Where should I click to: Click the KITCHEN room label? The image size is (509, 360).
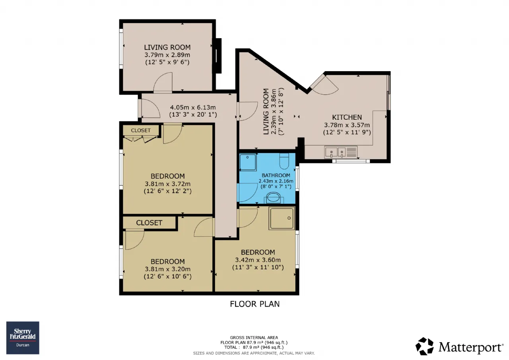point(347,117)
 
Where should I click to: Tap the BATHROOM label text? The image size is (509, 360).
point(276,175)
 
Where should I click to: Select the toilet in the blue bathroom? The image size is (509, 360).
point(284,161)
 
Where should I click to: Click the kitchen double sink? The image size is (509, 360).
point(341,152)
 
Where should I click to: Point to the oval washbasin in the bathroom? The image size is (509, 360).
point(273,197)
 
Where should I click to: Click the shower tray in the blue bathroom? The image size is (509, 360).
point(248,162)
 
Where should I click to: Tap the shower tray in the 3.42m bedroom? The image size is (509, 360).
point(282,218)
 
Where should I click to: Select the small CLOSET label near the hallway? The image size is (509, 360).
point(141,130)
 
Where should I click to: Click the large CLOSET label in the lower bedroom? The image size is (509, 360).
point(149,223)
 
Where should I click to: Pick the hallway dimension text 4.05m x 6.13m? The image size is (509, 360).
point(193,107)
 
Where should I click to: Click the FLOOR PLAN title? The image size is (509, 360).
point(255,304)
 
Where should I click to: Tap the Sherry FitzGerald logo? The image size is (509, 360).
point(23,338)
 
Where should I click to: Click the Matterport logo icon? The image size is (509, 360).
point(424,346)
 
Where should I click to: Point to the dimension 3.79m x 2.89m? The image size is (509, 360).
point(167,55)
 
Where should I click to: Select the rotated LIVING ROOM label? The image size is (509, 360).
point(266,112)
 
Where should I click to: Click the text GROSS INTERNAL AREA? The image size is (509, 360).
point(254,337)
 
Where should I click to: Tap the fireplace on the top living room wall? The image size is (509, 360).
point(217,56)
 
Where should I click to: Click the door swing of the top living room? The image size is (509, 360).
point(163,83)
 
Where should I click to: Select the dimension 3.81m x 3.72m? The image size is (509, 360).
point(168,184)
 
